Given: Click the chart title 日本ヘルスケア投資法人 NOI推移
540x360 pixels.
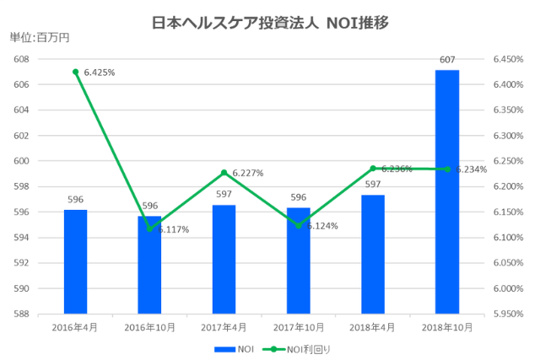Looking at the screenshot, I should pos(270,22).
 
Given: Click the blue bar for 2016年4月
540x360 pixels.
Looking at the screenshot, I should pos(75,261).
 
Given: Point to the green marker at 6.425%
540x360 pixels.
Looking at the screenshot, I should pos(75,72).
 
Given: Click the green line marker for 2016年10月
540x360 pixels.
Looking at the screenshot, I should pos(149,228).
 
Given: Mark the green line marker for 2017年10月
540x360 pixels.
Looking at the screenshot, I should pos(298,225).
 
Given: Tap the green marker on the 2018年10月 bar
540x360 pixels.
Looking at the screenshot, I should pos(446,169).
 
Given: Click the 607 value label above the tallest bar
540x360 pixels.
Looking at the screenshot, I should pos(446,59).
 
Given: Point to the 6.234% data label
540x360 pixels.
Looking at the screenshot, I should pos(471,169).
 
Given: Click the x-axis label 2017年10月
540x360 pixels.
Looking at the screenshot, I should pos(298,326).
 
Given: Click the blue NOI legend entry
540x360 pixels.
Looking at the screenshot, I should pos(235,348).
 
